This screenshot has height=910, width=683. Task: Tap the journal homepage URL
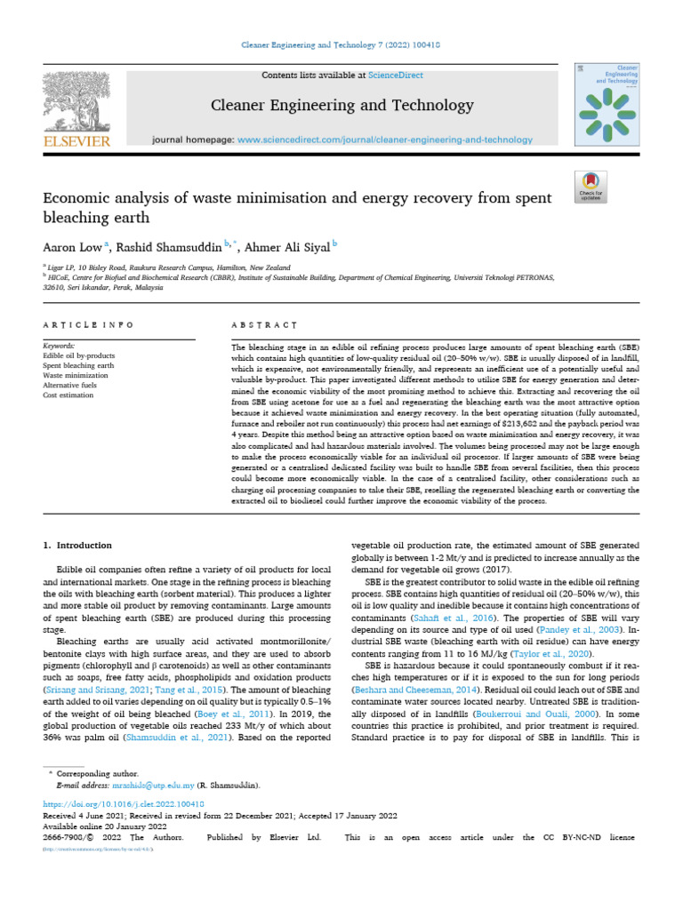point(385,140)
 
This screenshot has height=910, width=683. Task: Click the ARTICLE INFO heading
point(89,325)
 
